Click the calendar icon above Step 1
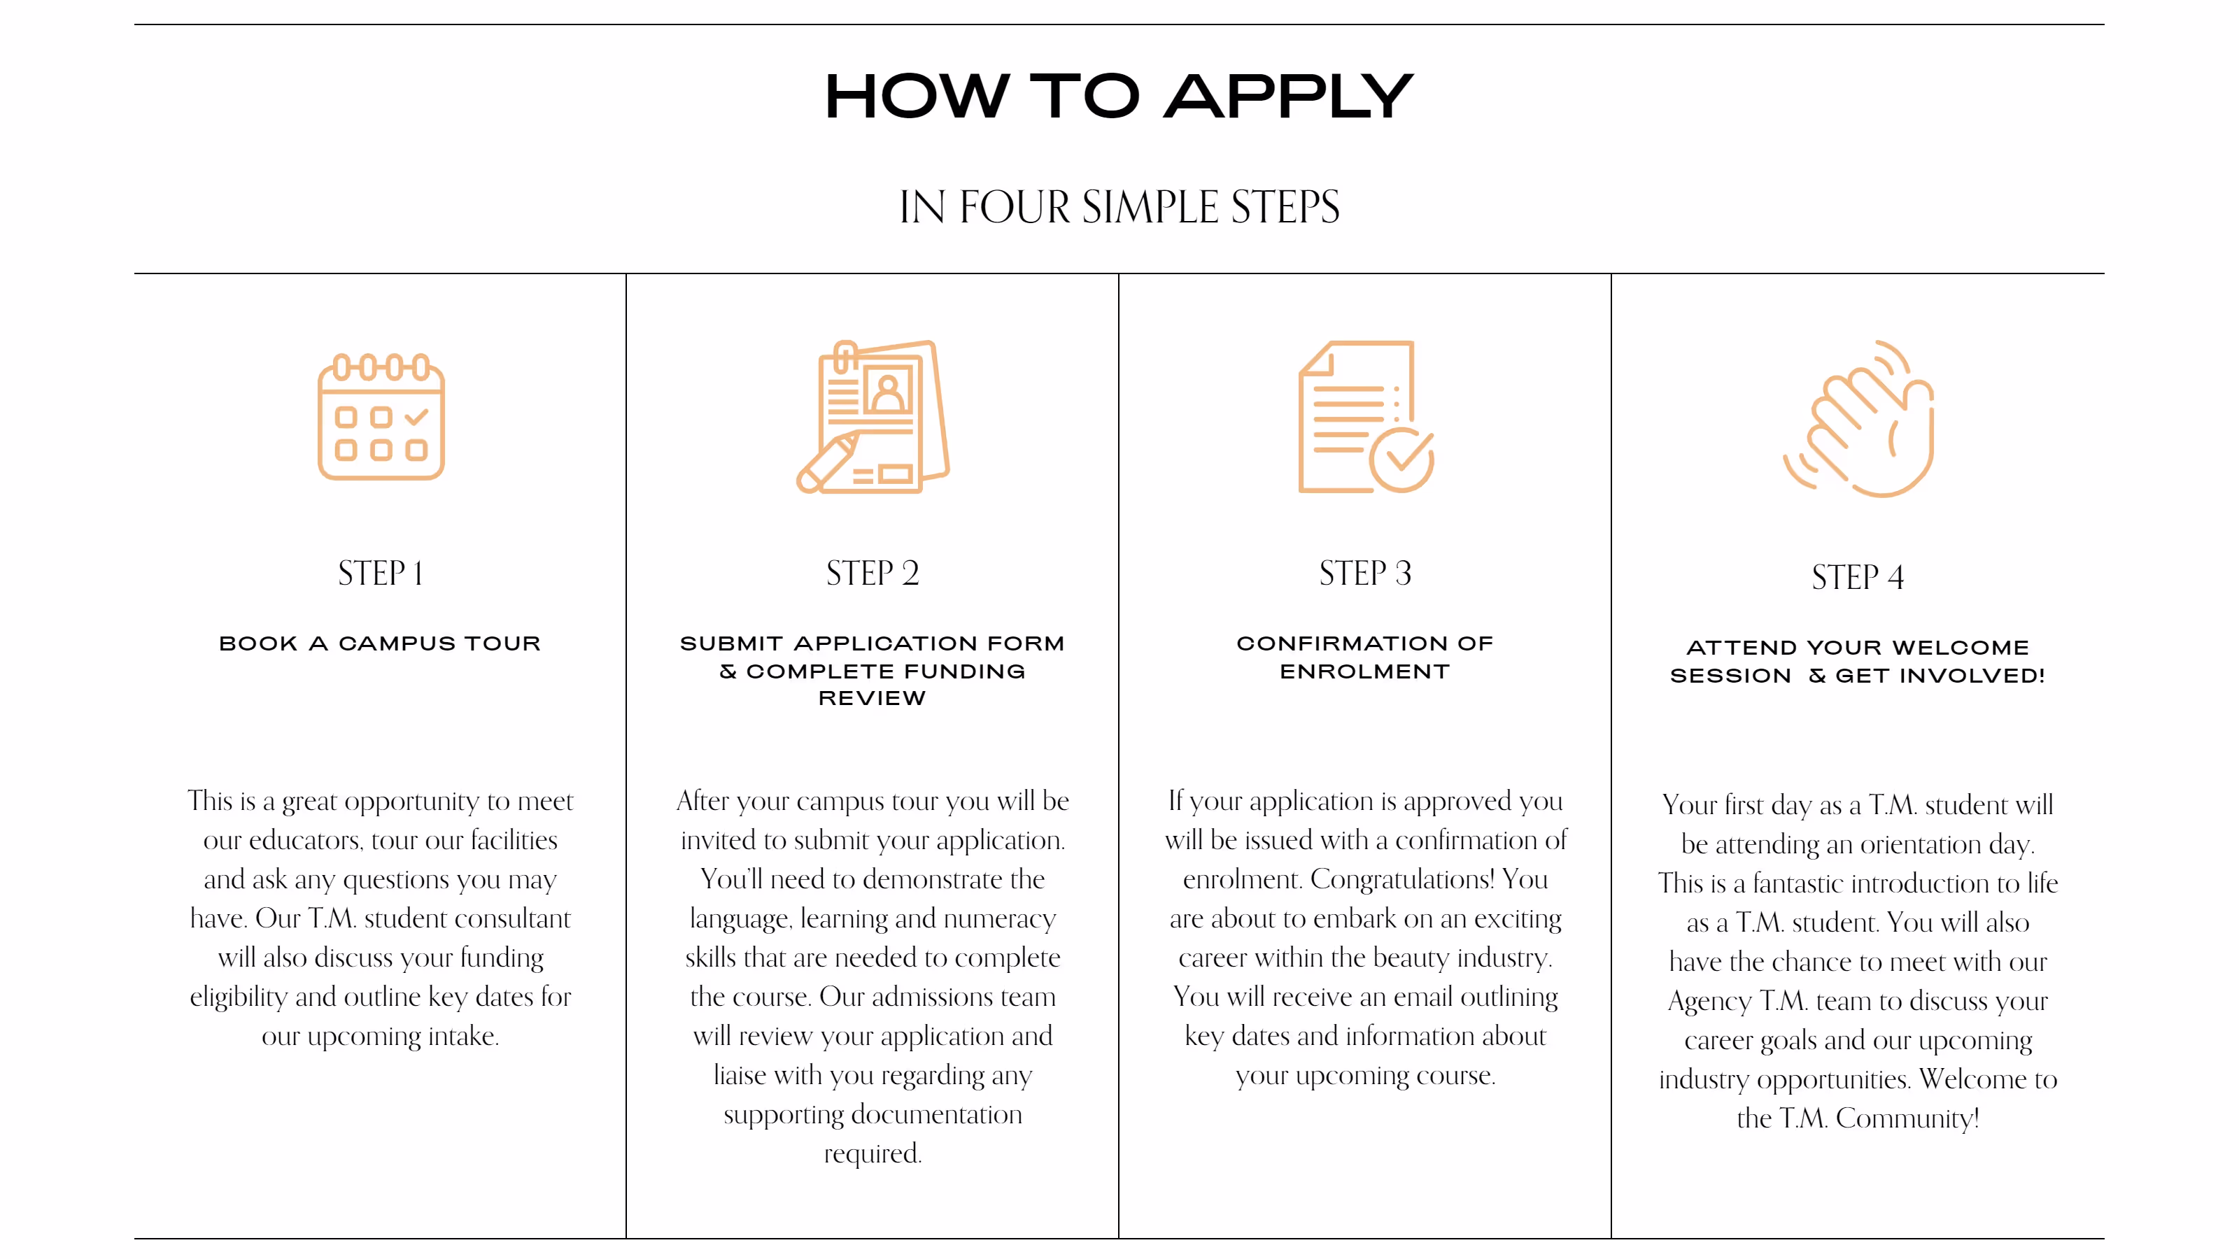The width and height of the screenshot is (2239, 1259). pos(381,416)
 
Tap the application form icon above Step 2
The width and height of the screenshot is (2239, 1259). pos(873,416)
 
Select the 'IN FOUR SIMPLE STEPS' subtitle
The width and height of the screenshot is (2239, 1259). pos(1119,207)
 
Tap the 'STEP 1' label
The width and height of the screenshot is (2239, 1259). pos(381,574)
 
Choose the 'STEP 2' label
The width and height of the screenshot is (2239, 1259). pos(873,574)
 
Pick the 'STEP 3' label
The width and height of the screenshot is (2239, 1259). pos(1366,574)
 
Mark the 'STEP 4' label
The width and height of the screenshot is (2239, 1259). pos(1858,577)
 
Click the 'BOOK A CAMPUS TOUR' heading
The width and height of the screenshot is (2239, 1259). pos(380,643)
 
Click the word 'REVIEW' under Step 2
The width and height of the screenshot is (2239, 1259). pos(873,699)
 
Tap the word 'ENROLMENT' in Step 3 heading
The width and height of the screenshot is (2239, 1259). pos(1366,671)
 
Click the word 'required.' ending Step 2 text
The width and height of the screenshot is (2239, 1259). pos(873,1154)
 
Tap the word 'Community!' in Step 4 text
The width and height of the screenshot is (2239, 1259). pos(1908,1118)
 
